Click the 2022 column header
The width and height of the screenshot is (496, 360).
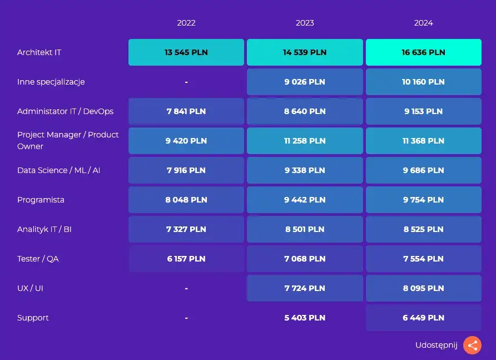point(186,23)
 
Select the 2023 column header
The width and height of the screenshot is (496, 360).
point(305,23)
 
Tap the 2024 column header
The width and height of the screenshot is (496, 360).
point(423,23)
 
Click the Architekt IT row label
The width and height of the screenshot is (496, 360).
point(39,52)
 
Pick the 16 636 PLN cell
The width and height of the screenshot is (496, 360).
point(424,52)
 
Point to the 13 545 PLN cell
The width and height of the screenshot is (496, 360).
point(186,52)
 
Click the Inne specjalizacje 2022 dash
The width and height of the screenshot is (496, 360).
point(186,82)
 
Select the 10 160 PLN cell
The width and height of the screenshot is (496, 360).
point(424,82)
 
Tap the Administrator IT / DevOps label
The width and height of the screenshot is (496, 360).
point(65,111)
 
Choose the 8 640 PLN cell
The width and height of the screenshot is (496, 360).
point(305,111)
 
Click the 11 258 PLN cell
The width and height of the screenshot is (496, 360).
point(305,141)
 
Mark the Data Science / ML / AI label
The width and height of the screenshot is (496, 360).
point(58,170)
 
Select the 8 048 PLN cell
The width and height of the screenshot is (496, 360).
point(186,199)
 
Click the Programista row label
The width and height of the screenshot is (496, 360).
point(41,200)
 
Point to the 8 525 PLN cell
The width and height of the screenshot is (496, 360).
point(424,229)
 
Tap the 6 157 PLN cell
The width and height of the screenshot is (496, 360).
point(186,258)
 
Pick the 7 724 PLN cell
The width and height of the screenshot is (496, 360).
point(305,288)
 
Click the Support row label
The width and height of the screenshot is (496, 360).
point(33,318)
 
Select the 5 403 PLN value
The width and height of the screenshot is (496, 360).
point(305,318)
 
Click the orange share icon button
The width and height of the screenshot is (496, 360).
point(472,345)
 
